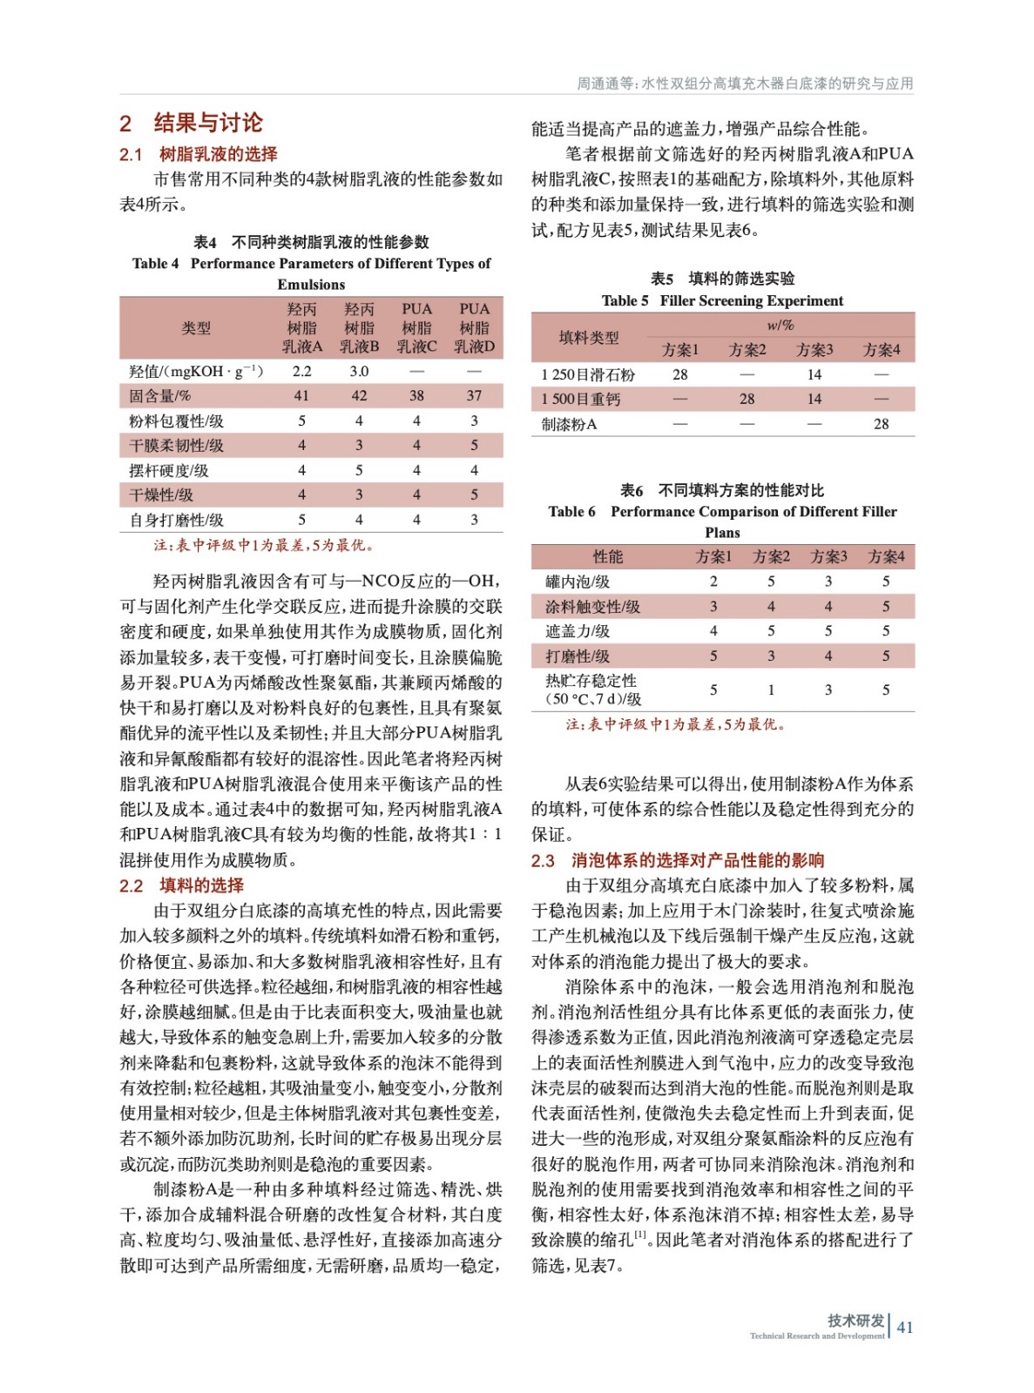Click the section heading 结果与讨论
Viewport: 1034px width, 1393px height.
point(207,123)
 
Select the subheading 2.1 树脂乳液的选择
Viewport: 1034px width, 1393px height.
point(199,154)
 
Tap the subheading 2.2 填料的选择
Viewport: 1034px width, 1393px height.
point(182,885)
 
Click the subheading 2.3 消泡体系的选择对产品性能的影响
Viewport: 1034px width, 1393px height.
point(678,860)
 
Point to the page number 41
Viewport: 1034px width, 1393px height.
point(905,1327)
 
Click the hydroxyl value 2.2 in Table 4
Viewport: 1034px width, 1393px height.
point(301,371)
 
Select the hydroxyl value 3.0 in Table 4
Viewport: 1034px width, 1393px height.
point(359,371)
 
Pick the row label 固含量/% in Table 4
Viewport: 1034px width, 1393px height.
point(160,395)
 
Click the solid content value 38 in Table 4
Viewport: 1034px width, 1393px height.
point(416,395)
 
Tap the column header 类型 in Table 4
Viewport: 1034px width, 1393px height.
point(196,328)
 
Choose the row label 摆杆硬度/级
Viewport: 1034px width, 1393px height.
point(169,470)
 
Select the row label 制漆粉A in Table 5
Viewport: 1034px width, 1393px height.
point(569,424)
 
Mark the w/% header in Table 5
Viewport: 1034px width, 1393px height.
point(781,325)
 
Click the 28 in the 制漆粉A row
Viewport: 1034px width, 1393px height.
point(882,424)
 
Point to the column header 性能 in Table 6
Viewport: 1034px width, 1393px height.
point(608,556)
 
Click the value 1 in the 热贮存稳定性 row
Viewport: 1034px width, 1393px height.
point(771,690)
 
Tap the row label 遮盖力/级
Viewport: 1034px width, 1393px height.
point(578,631)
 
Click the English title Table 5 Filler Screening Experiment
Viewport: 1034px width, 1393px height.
point(722,300)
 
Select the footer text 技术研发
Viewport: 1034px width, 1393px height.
point(855,1320)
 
